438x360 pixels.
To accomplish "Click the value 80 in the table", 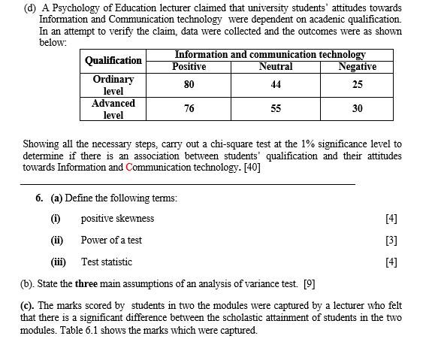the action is pos(189,84).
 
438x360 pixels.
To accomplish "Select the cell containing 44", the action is pos(276,84).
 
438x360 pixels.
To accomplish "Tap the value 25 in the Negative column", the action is pos(358,84).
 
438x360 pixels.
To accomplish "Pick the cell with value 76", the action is pos(189,109).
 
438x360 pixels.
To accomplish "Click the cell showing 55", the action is pos(276,109).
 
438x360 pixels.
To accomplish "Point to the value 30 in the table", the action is pos(358,109).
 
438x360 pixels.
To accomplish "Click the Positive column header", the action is pos(189,67).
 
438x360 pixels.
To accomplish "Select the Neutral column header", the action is pos(276,67).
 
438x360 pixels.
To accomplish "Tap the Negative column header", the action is pos(358,67).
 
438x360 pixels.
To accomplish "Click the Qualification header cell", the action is pos(113,60).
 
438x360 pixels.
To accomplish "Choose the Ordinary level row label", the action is pos(113,84).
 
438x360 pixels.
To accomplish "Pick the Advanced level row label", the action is pos(113,109).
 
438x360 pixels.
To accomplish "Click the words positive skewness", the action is pos(117,219).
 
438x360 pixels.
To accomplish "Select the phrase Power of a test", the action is pos(111,241).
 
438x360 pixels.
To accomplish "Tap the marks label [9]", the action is pos(309,284).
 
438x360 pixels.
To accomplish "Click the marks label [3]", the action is pos(390,241).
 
